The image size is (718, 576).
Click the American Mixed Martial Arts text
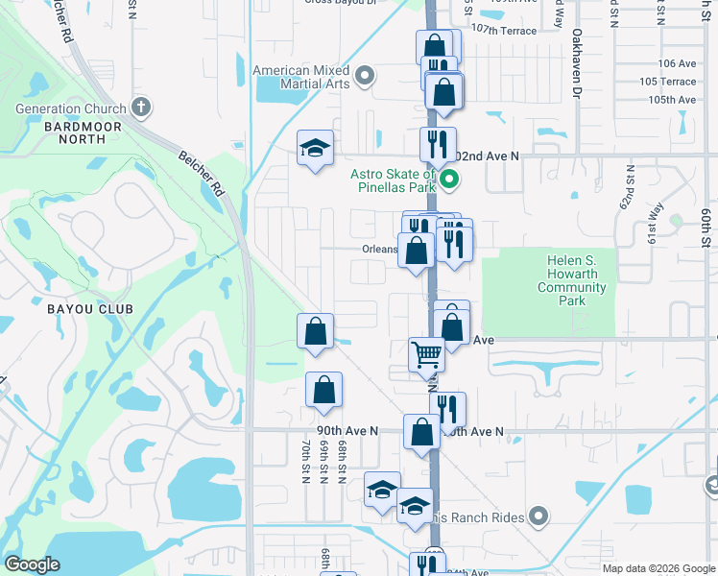click(x=300, y=78)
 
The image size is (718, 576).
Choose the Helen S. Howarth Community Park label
click(x=572, y=280)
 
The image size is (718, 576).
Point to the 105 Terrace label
click(x=668, y=82)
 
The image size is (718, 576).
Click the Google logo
click(x=32, y=564)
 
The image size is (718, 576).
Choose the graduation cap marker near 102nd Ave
click(x=314, y=148)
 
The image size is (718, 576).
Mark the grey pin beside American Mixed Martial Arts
click(x=365, y=76)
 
